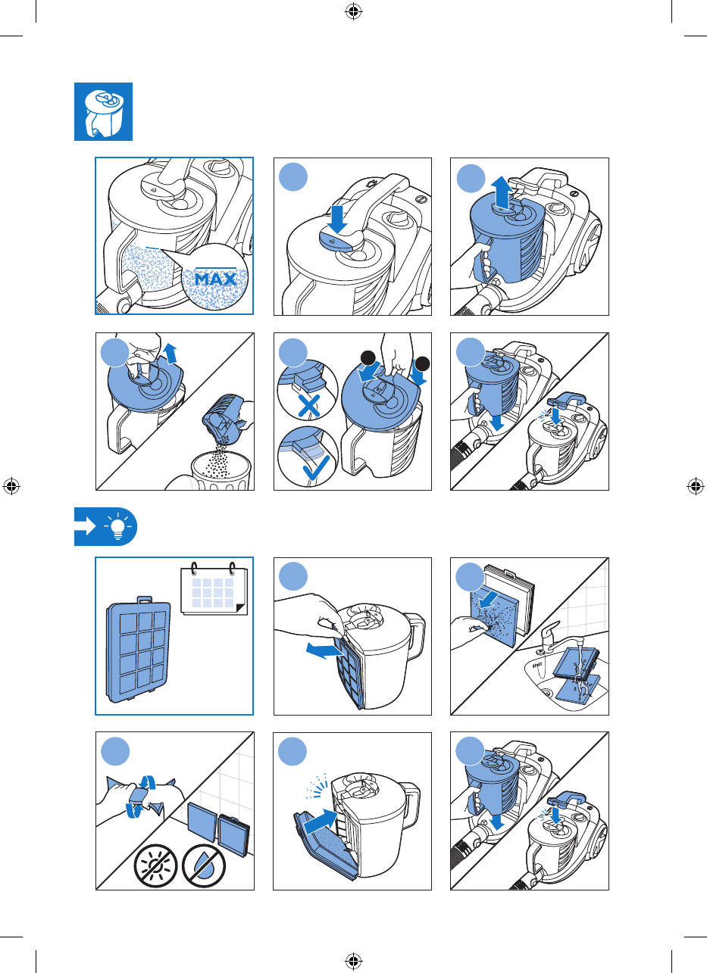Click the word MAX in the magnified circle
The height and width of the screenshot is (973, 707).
click(216, 279)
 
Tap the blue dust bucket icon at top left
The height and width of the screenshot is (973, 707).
click(104, 111)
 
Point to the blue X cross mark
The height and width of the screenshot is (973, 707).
click(308, 406)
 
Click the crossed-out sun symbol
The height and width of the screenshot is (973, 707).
click(155, 865)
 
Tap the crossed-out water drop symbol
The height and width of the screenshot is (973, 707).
click(203, 865)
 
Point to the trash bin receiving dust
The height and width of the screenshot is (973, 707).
click(221, 471)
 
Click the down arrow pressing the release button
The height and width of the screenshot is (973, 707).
click(337, 220)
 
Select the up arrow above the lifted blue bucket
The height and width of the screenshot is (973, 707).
click(502, 192)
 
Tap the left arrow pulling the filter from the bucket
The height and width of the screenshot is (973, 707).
click(324, 650)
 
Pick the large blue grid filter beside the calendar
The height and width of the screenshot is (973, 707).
click(138, 650)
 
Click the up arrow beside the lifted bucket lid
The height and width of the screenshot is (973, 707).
click(171, 353)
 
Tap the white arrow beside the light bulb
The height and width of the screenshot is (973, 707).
click(86, 526)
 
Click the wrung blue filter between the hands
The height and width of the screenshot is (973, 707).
click(140, 797)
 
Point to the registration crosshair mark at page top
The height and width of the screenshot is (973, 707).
click(353, 11)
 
